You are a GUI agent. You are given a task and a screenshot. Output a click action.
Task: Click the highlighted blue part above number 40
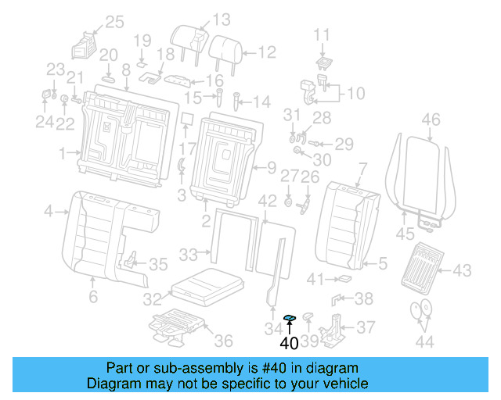(x=289, y=316)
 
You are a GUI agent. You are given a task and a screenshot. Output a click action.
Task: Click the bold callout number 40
(x=289, y=341)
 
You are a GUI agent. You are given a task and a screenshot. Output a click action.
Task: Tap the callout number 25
(x=114, y=22)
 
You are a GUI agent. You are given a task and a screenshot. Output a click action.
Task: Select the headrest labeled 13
(x=191, y=37)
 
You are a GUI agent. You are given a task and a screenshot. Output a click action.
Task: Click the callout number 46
(x=431, y=120)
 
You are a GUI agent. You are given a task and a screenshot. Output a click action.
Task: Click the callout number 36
(x=224, y=341)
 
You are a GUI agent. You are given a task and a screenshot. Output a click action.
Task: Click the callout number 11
(x=323, y=34)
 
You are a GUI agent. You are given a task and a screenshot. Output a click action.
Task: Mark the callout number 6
(x=93, y=297)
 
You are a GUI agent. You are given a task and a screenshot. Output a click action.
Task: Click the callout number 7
(x=362, y=168)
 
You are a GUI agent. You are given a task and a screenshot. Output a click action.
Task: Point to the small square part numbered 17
(x=187, y=120)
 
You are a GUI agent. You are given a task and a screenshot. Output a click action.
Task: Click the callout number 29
(x=344, y=144)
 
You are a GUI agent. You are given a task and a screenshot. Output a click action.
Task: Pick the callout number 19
(x=141, y=41)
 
